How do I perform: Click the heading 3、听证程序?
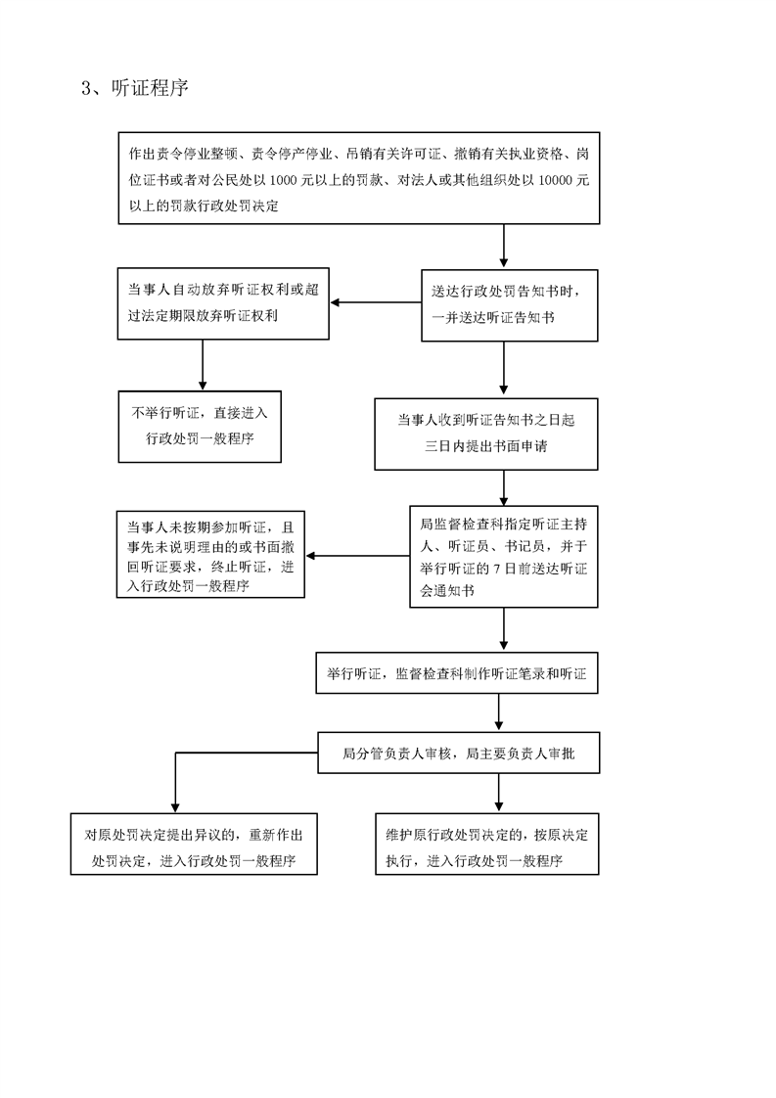[134, 88]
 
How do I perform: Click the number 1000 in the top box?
[282, 181]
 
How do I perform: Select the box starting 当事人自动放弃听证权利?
[223, 304]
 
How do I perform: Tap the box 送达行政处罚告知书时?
[509, 305]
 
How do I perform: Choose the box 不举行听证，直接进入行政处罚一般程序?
[200, 427]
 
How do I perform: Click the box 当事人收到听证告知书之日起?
[486, 435]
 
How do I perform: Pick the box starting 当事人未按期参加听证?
[210, 555]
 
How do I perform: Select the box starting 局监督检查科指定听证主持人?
[504, 557]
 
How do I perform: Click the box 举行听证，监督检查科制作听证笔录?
[457, 673]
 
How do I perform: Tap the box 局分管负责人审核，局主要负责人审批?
[459, 753]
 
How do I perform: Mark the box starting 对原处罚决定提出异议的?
[194, 844]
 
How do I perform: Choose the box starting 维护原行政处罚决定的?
[487, 844]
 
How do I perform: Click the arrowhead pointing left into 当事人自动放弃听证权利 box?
[335, 302]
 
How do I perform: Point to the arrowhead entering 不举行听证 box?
[203, 386]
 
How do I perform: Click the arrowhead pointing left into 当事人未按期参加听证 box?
[311, 556]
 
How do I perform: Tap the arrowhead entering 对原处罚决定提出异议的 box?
[175, 808]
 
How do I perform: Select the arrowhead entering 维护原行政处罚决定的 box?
[499, 808]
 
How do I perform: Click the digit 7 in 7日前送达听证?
[496, 569]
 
